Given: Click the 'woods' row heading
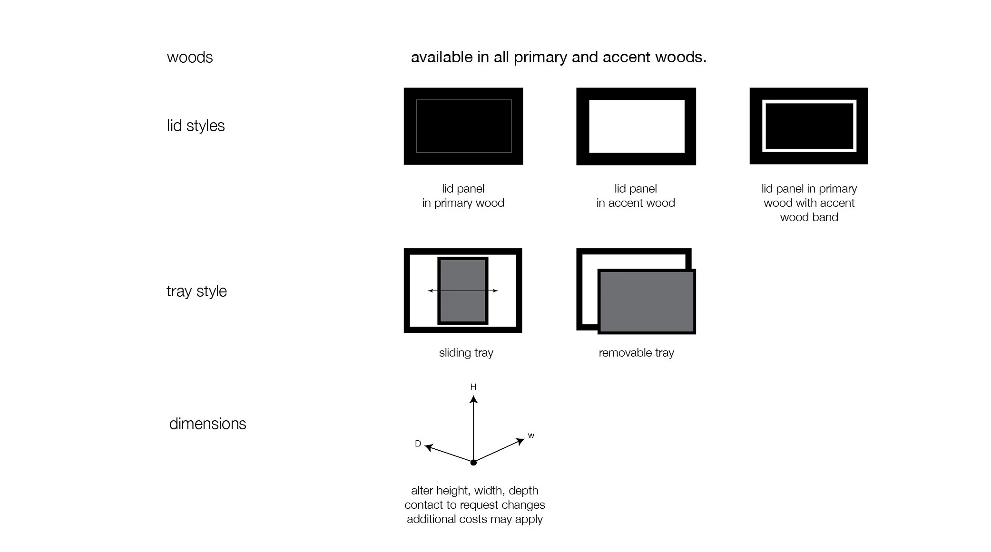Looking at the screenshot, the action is pos(189,58).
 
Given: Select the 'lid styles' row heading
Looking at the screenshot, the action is pos(196,126).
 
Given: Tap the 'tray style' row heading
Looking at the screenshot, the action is pos(196,291).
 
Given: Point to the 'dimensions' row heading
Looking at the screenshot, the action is pos(207,424).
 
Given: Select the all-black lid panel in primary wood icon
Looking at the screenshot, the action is pos(463,126).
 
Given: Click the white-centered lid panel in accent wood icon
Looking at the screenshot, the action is pos(636,126).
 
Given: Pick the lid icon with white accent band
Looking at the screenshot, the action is pos(809,126).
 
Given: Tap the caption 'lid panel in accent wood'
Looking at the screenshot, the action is pos(636,196).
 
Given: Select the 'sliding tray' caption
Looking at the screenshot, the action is pos(466,353).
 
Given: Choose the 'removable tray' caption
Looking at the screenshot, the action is pos(636,353).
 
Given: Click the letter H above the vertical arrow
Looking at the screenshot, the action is pos(473,387).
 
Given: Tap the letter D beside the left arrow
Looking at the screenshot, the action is pos(418,444).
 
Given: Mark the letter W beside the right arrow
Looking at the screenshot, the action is pos(531,436).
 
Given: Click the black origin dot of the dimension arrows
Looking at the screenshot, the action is pos(473,463).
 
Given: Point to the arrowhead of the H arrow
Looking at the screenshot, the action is pos(473,399).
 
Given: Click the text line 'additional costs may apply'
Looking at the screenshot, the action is pos(474,519).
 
